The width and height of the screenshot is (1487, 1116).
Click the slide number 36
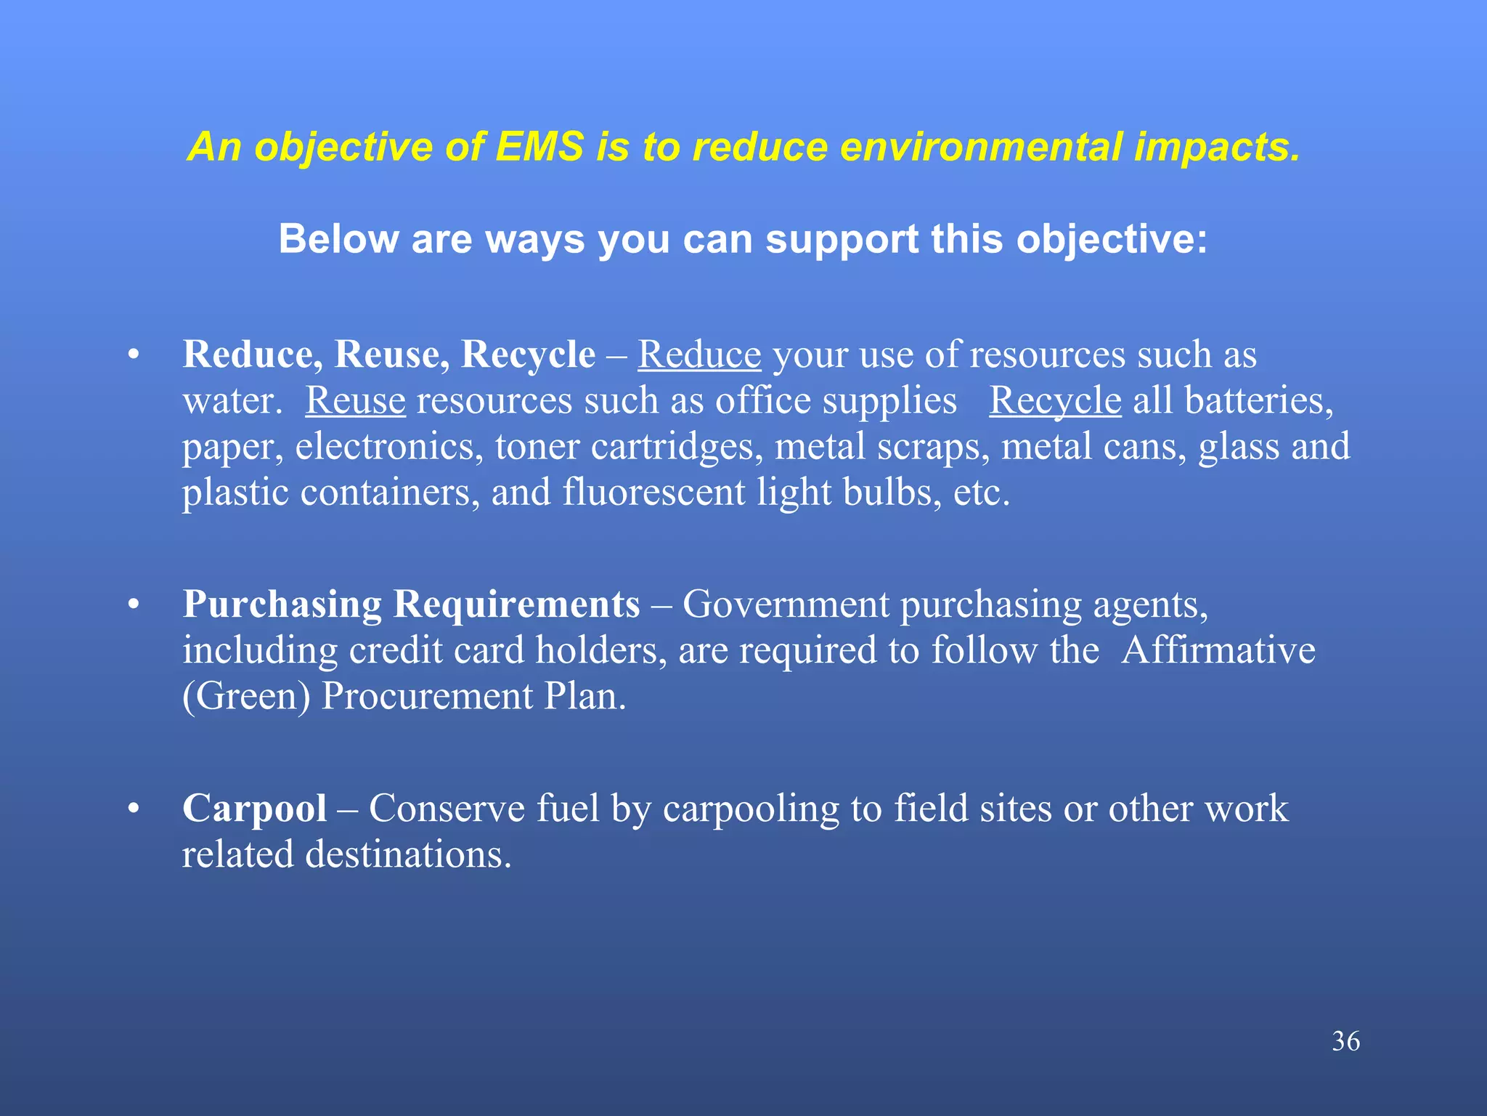[1345, 1041]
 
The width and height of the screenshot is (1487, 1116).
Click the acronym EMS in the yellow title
[539, 147]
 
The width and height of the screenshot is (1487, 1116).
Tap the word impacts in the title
[1217, 148]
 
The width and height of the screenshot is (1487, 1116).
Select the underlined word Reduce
[699, 355]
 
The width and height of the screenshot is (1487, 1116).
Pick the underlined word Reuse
[355, 401]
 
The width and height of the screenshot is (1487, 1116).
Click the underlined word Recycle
[1055, 401]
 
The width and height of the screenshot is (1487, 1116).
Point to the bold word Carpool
[254, 809]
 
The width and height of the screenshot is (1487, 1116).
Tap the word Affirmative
[1218, 650]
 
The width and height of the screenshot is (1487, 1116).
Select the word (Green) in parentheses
[246, 697]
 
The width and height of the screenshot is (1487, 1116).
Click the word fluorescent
[653, 493]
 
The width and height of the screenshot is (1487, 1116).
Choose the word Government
[786, 604]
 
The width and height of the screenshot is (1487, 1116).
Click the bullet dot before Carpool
[133, 809]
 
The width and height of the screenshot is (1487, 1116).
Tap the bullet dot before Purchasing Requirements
[133, 604]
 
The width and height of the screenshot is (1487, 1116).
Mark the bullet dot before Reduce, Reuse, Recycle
[133, 355]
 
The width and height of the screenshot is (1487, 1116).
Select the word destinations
[408, 854]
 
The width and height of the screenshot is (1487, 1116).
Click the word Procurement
[427, 696]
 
